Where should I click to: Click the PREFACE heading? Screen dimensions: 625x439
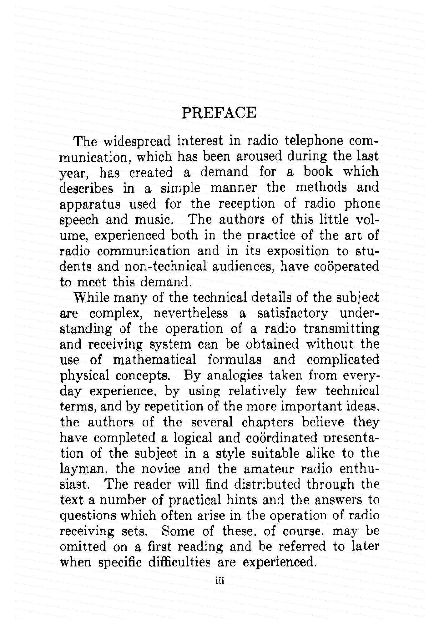pos(219,113)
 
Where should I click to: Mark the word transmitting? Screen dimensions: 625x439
pos(341,329)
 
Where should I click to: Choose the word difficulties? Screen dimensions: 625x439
pos(179,562)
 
